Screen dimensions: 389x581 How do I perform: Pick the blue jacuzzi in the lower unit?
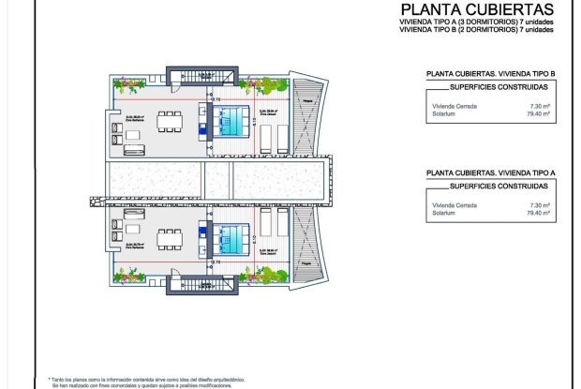228,234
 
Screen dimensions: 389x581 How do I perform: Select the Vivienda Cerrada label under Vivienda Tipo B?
450,107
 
